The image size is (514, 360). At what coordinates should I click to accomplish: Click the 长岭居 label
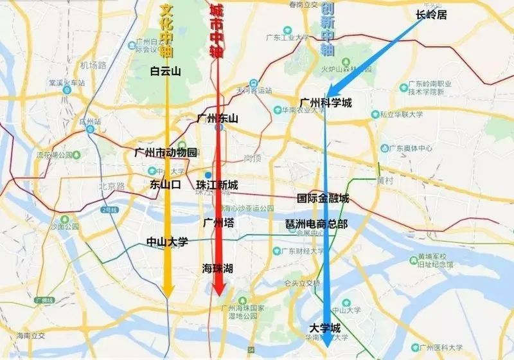(x=430, y=15)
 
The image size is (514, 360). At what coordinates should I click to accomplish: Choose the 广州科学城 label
(x=326, y=103)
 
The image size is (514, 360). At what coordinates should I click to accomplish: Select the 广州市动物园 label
(x=165, y=152)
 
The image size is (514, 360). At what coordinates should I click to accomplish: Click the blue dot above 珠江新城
(x=208, y=175)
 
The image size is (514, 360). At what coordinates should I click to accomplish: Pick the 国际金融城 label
(x=323, y=199)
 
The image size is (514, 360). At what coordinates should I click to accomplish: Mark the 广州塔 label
(x=218, y=223)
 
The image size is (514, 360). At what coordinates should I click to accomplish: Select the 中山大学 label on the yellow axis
(x=167, y=242)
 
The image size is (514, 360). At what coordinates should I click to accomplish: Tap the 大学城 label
(x=324, y=327)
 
